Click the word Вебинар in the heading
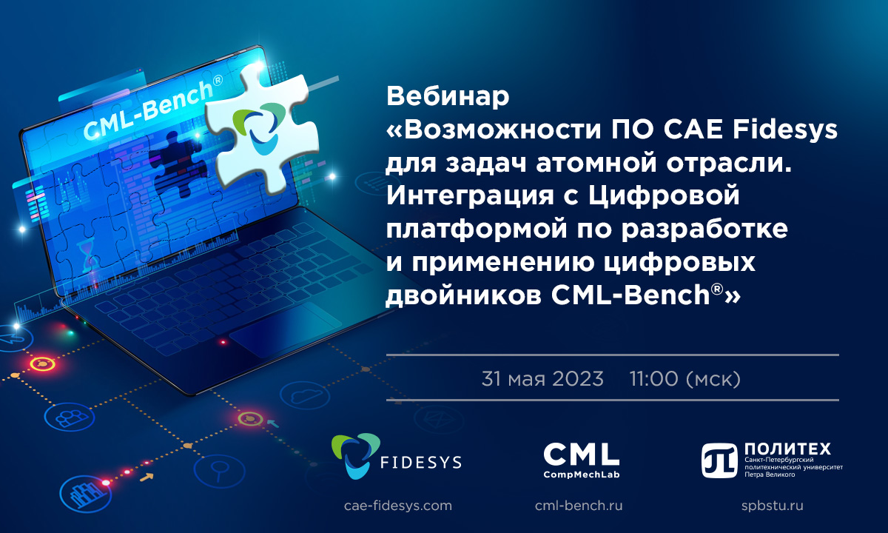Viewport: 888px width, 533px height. click(x=448, y=96)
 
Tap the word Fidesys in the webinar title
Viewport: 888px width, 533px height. click(x=785, y=130)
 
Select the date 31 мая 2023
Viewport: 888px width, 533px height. click(x=542, y=378)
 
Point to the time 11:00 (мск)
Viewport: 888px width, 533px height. click(x=685, y=379)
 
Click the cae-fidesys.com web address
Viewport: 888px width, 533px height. click(x=398, y=506)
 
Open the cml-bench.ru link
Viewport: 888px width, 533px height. click(x=579, y=506)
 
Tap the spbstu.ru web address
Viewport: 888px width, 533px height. click(x=773, y=506)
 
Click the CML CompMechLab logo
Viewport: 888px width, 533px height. click(x=581, y=460)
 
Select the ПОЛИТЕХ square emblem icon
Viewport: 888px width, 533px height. click(x=719, y=460)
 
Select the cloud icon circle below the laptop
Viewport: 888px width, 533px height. click(x=305, y=395)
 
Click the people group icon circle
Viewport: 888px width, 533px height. click(x=70, y=418)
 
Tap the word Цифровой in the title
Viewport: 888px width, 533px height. click(x=664, y=197)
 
